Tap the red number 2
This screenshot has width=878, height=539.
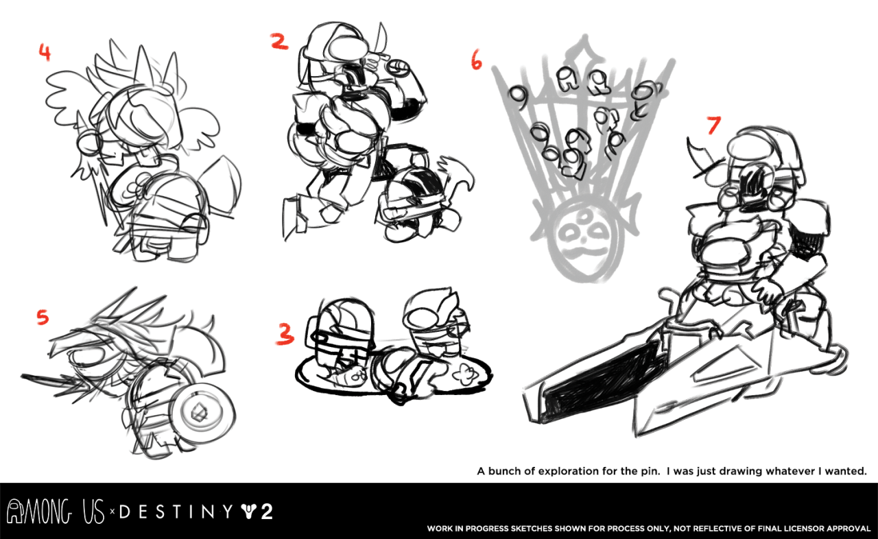pyautogui.click(x=279, y=41)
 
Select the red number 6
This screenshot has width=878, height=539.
pyautogui.click(x=476, y=60)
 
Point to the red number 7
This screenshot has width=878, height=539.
pyautogui.click(x=714, y=125)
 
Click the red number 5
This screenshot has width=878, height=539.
pyautogui.click(x=43, y=317)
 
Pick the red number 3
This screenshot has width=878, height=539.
pyautogui.click(x=285, y=334)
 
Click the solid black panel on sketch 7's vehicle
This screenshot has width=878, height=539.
pyautogui.click(x=604, y=382)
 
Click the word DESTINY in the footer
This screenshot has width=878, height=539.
pyautogui.click(x=176, y=512)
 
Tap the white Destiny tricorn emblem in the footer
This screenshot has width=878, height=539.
pyautogui.click(x=249, y=512)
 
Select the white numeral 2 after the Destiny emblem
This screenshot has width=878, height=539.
pyautogui.click(x=267, y=512)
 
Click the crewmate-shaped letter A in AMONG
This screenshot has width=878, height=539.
pyautogui.click(x=15, y=511)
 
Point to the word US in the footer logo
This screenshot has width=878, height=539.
pyautogui.click(x=94, y=511)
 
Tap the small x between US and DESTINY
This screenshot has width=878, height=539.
pyautogui.click(x=112, y=512)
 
